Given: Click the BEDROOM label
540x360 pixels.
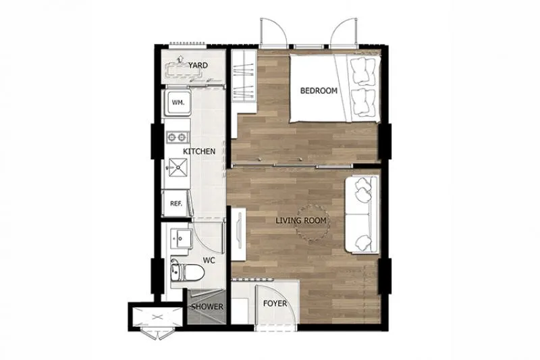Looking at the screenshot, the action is click(319, 91).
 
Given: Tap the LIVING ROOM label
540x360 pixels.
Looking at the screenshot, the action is click(301, 220).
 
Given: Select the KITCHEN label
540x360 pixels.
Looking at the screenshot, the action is click(199, 151).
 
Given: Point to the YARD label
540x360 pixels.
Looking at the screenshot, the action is click(198, 66).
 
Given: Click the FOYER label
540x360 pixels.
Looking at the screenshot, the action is click(275, 303).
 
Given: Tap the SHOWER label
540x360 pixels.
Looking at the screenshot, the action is click(207, 307).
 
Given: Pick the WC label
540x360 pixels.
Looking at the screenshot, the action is click(209, 260).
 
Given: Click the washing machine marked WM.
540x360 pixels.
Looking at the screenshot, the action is click(178, 103).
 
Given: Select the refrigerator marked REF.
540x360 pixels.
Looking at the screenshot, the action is click(176, 203).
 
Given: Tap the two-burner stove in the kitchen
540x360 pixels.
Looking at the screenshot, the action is click(178, 138).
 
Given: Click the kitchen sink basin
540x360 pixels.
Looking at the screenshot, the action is click(178, 168).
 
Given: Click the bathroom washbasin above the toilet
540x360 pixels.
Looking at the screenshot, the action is click(181, 238).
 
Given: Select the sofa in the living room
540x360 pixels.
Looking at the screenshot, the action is click(362, 215).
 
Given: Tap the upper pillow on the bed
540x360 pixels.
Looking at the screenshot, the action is click(362, 72).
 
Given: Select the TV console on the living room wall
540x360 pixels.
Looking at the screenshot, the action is click(238, 234).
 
